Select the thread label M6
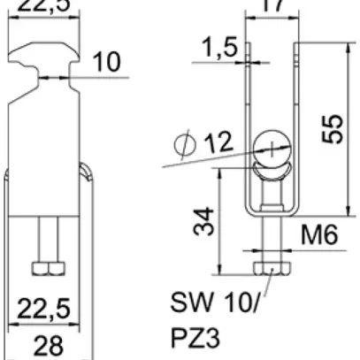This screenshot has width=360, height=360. pos(318,236)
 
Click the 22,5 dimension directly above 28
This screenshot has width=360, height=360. pos(45,309)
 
